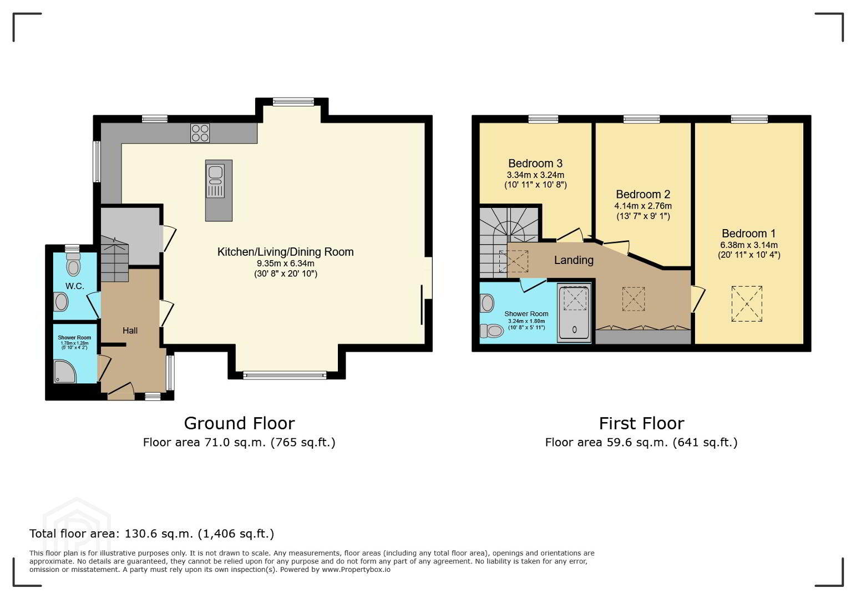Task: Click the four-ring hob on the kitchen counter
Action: [200, 133]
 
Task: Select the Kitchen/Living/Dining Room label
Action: [286, 252]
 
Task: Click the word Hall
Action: [130, 331]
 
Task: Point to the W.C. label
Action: [74, 286]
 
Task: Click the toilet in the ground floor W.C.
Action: [73, 265]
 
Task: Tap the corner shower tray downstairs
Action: [64, 371]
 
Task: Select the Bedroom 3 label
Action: [535, 164]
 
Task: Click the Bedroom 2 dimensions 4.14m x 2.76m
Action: [643, 206]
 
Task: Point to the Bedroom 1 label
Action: [749, 233]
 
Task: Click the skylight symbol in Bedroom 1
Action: [747, 304]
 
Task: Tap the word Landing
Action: [574, 260]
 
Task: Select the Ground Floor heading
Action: [240, 423]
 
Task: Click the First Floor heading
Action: [642, 423]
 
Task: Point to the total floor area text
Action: [151, 534]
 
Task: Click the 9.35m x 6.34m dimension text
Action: [286, 263]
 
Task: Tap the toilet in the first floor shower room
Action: [492, 331]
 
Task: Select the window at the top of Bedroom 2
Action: [642, 119]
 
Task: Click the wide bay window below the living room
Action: [285, 375]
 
